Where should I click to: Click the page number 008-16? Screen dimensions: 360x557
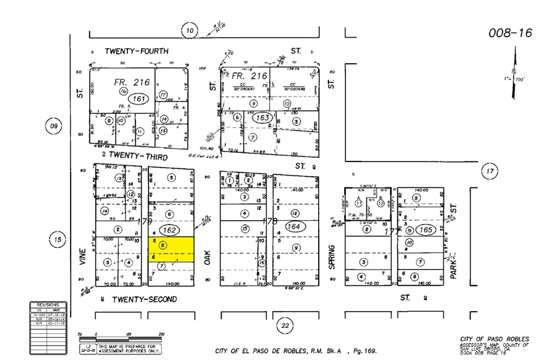[x=510, y=33]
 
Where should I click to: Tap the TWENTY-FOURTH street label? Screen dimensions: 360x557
[x=136, y=51]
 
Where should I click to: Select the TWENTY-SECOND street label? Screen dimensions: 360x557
[x=144, y=299]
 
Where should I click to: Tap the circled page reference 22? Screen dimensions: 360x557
[x=284, y=325]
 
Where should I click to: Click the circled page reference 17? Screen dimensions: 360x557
[x=490, y=171]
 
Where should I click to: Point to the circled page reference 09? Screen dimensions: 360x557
[x=54, y=127]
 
